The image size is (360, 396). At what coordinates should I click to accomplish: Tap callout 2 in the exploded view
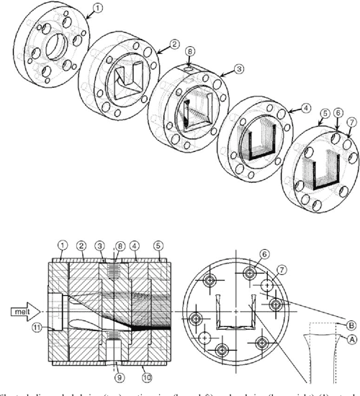pyautogui.click(x=173, y=45)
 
